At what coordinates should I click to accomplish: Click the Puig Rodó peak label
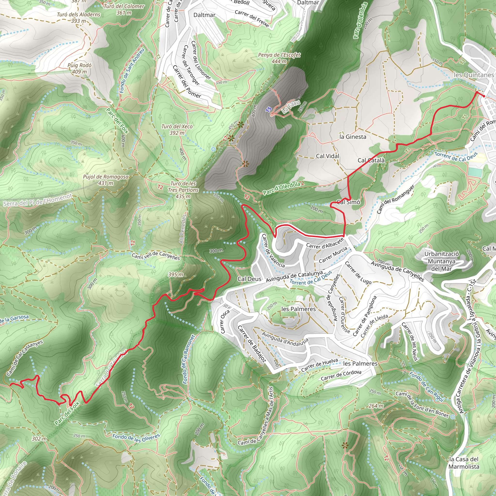pyautogui.click(x=79, y=68)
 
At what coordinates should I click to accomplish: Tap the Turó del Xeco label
pyautogui.click(x=177, y=129)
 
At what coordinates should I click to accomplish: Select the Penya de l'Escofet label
pyautogui.click(x=279, y=58)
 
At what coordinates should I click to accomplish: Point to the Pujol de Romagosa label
pyautogui.click(x=106, y=180)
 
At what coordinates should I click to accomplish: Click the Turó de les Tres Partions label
pyautogui.click(x=183, y=190)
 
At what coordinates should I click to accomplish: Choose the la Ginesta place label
pyautogui.click(x=353, y=137)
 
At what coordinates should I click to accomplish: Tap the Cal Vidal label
pyautogui.click(x=327, y=156)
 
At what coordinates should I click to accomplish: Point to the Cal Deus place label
pyautogui.click(x=249, y=279)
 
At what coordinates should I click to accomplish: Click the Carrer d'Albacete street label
pyautogui.click(x=325, y=243)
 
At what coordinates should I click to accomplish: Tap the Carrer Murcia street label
pyautogui.click(x=333, y=255)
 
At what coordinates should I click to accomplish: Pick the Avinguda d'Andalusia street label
pyautogui.click(x=285, y=338)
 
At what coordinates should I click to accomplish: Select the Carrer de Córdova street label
pyautogui.click(x=341, y=375)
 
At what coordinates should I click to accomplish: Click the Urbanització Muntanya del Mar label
pyautogui.click(x=441, y=261)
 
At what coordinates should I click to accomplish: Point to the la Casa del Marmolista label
pyautogui.click(x=464, y=463)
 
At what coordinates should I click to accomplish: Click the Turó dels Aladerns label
pyautogui.click(x=78, y=18)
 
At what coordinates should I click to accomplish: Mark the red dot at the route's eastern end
pyautogui.click(x=484, y=96)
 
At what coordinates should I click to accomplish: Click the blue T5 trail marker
pyautogui.click(x=268, y=110)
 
